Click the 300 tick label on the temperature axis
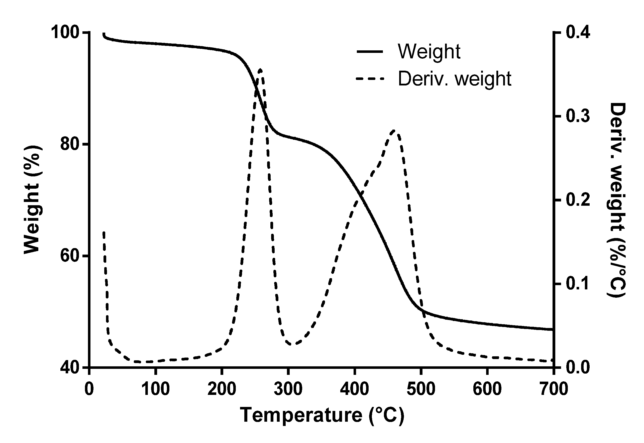click(288, 389)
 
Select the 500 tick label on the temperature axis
click(421, 389)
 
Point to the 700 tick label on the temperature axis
click(554, 389)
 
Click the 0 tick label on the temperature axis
click(89, 389)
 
